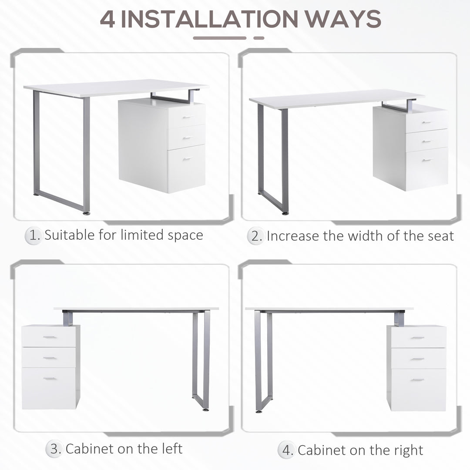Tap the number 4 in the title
click(108, 19)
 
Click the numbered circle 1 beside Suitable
click(34, 235)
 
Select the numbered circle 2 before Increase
click(256, 236)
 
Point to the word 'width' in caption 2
click(354, 236)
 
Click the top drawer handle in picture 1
click(188, 117)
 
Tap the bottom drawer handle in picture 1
click(188, 159)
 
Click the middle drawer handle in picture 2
click(427, 141)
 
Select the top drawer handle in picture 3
click(49, 337)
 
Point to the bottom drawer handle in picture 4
click(417, 380)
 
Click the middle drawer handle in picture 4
click(417, 359)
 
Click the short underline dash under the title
click(259, 38)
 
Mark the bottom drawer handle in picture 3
click(49, 379)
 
